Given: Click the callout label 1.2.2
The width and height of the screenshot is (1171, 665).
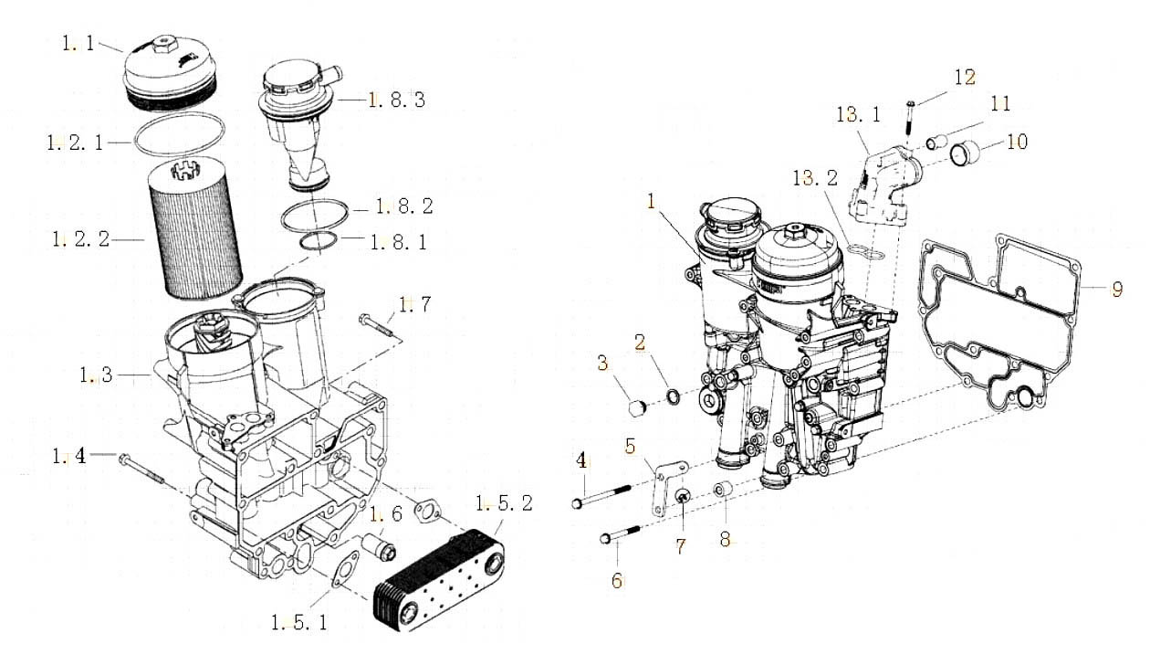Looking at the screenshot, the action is tap(81, 239).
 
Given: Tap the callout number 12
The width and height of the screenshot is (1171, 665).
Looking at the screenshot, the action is tap(965, 78).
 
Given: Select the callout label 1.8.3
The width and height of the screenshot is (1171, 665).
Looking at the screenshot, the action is tap(397, 100).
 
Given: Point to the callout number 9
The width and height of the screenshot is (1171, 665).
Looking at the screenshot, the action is tap(1116, 290).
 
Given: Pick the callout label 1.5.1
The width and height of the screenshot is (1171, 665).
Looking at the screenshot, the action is tap(299, 623).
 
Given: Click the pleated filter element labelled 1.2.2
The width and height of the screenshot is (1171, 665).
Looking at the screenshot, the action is tap(196, 227).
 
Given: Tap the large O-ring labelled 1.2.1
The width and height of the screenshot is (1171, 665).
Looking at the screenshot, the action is tap(180, 134).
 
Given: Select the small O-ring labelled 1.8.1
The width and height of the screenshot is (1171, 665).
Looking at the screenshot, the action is tap(319, 243).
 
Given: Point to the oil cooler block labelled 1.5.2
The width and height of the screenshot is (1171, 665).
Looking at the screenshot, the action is tap(439, 580).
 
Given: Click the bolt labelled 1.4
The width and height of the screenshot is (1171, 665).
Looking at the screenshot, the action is tap(141, 470).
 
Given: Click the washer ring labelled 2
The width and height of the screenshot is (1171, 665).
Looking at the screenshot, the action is tap(674, 396).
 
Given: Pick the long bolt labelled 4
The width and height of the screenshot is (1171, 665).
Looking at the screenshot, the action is tap(601, 496).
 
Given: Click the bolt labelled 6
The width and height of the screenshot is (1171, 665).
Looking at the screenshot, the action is tap(620, 534).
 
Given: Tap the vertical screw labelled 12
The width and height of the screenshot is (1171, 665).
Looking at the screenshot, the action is tap(910, 118).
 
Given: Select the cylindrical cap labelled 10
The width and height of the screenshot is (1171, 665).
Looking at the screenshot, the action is tap(965, 153).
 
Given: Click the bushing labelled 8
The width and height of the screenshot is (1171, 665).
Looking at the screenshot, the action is tap(723, 490).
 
